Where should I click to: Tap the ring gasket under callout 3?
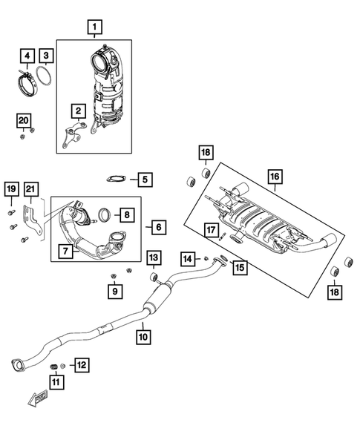pos(46,77)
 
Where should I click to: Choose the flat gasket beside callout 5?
pos(116,179)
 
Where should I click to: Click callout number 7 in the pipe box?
pos(65,252)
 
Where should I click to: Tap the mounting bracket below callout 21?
pos(30,217)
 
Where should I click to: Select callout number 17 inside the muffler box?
pos(211,229)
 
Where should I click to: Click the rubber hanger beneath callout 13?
pos(154,277)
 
